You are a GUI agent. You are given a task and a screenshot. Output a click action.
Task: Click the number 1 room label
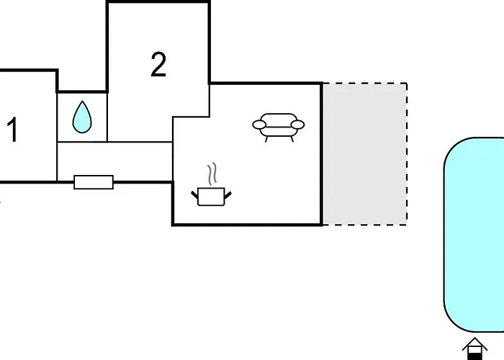[12, 130]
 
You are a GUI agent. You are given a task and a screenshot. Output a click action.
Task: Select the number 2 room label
[158, 65]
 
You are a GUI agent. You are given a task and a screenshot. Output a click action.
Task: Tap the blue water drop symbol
[82, 117]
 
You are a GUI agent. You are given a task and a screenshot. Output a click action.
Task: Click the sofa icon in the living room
[279, 127]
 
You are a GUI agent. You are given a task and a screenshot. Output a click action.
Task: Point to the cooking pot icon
[211, 197]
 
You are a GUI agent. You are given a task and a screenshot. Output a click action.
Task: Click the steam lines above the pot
[212, 174]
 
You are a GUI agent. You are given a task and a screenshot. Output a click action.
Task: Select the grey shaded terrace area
[365, 154]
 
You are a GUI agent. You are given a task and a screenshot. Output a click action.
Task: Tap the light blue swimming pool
[474, 235]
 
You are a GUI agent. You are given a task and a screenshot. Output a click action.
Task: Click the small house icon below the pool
[474, 348]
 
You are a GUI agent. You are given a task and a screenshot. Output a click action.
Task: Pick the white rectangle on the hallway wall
[94, 182]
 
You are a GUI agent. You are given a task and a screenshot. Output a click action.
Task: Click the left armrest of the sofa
[259, 125]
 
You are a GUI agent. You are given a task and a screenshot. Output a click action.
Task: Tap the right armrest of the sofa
[297, 125]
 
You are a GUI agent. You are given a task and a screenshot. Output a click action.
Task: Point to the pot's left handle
[195, 195]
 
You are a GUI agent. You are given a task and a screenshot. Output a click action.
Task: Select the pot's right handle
[228, 195]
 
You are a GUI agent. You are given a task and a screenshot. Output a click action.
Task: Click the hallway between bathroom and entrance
[114, 162]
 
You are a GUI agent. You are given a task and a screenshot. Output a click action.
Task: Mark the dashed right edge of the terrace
[407, 154]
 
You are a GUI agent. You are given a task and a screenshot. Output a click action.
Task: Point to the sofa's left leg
[266, 139]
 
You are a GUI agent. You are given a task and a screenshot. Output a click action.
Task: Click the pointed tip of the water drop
[82, 101]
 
